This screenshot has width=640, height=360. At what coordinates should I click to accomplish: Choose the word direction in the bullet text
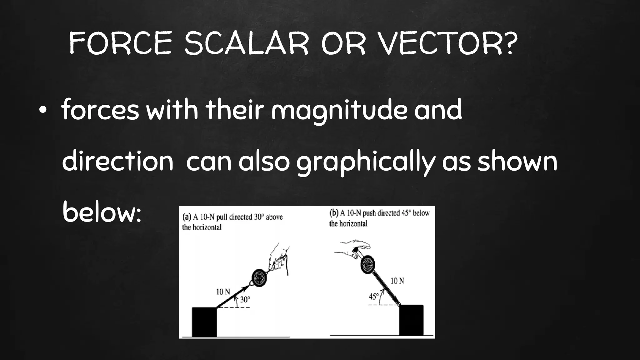click(x=117, y=162)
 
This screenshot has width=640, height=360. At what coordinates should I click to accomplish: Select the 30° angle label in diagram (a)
click(x=245, y=300)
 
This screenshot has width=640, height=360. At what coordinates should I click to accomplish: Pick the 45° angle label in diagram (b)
click(x=374, y=296)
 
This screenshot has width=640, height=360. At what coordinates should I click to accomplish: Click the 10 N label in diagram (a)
click(x=223, y=292)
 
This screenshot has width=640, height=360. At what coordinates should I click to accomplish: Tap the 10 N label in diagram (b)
click(x=397, y=281)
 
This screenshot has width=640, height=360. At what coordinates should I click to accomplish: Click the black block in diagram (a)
click(x=204, y=322)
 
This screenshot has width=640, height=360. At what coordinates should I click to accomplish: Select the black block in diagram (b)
click(x=411, y=320)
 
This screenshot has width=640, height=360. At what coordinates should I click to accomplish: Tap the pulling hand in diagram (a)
click(x=279, y=258)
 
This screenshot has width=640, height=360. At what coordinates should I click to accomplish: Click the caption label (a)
click(x=187, y=217)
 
